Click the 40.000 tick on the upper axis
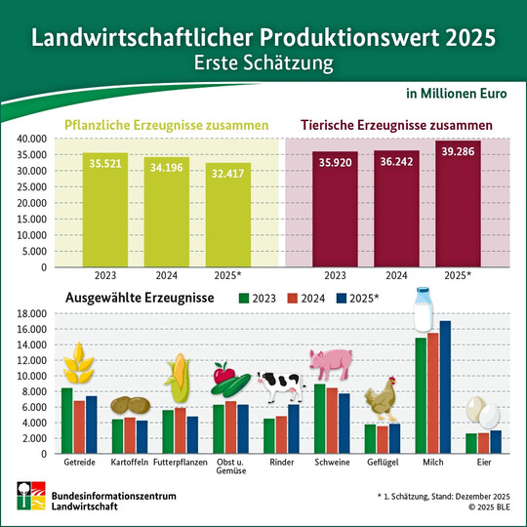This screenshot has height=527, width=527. coord(32,140)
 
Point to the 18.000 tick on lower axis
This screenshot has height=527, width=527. coord(32,313)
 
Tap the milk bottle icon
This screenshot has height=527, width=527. coord(424,308)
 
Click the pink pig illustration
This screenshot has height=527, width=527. coord(335,363)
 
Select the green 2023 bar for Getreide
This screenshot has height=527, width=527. coord(66,421)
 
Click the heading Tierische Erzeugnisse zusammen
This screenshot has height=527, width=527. coord(394,126)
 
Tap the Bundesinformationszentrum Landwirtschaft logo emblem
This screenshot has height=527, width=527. coord(25,498)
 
